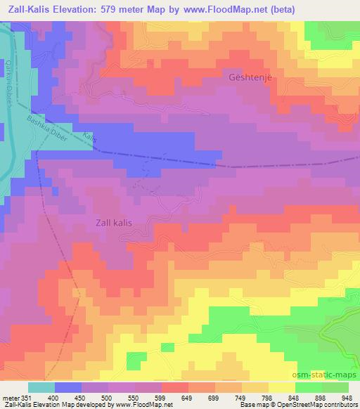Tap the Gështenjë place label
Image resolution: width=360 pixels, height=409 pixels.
(250, 77)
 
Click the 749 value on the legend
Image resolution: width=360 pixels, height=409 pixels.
(241, 397)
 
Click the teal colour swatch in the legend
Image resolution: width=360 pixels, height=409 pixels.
(41, 387)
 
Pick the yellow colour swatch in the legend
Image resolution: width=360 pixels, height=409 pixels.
(282, 387)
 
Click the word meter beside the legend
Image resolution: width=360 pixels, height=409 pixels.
(10, 397)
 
